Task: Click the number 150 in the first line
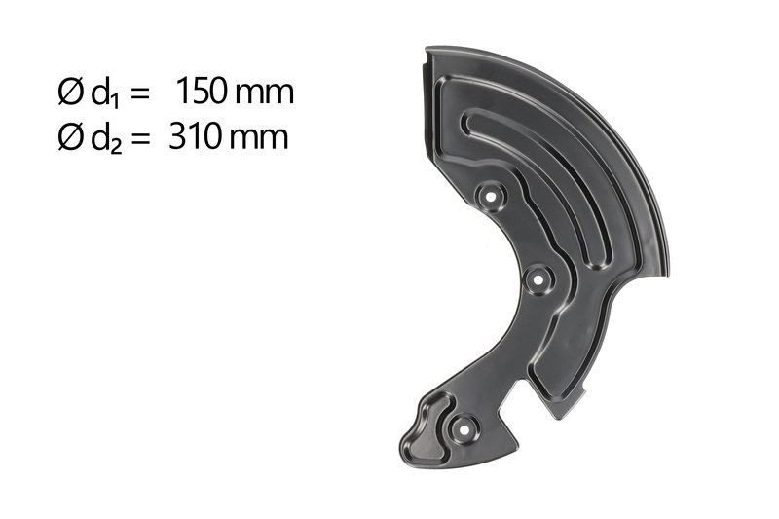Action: (202, 93)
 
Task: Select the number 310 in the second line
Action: (194, 137)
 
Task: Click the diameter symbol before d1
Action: (70, 93)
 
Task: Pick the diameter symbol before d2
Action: (70, 137)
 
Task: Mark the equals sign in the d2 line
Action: (139, 139)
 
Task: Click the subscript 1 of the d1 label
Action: (115, 101)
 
